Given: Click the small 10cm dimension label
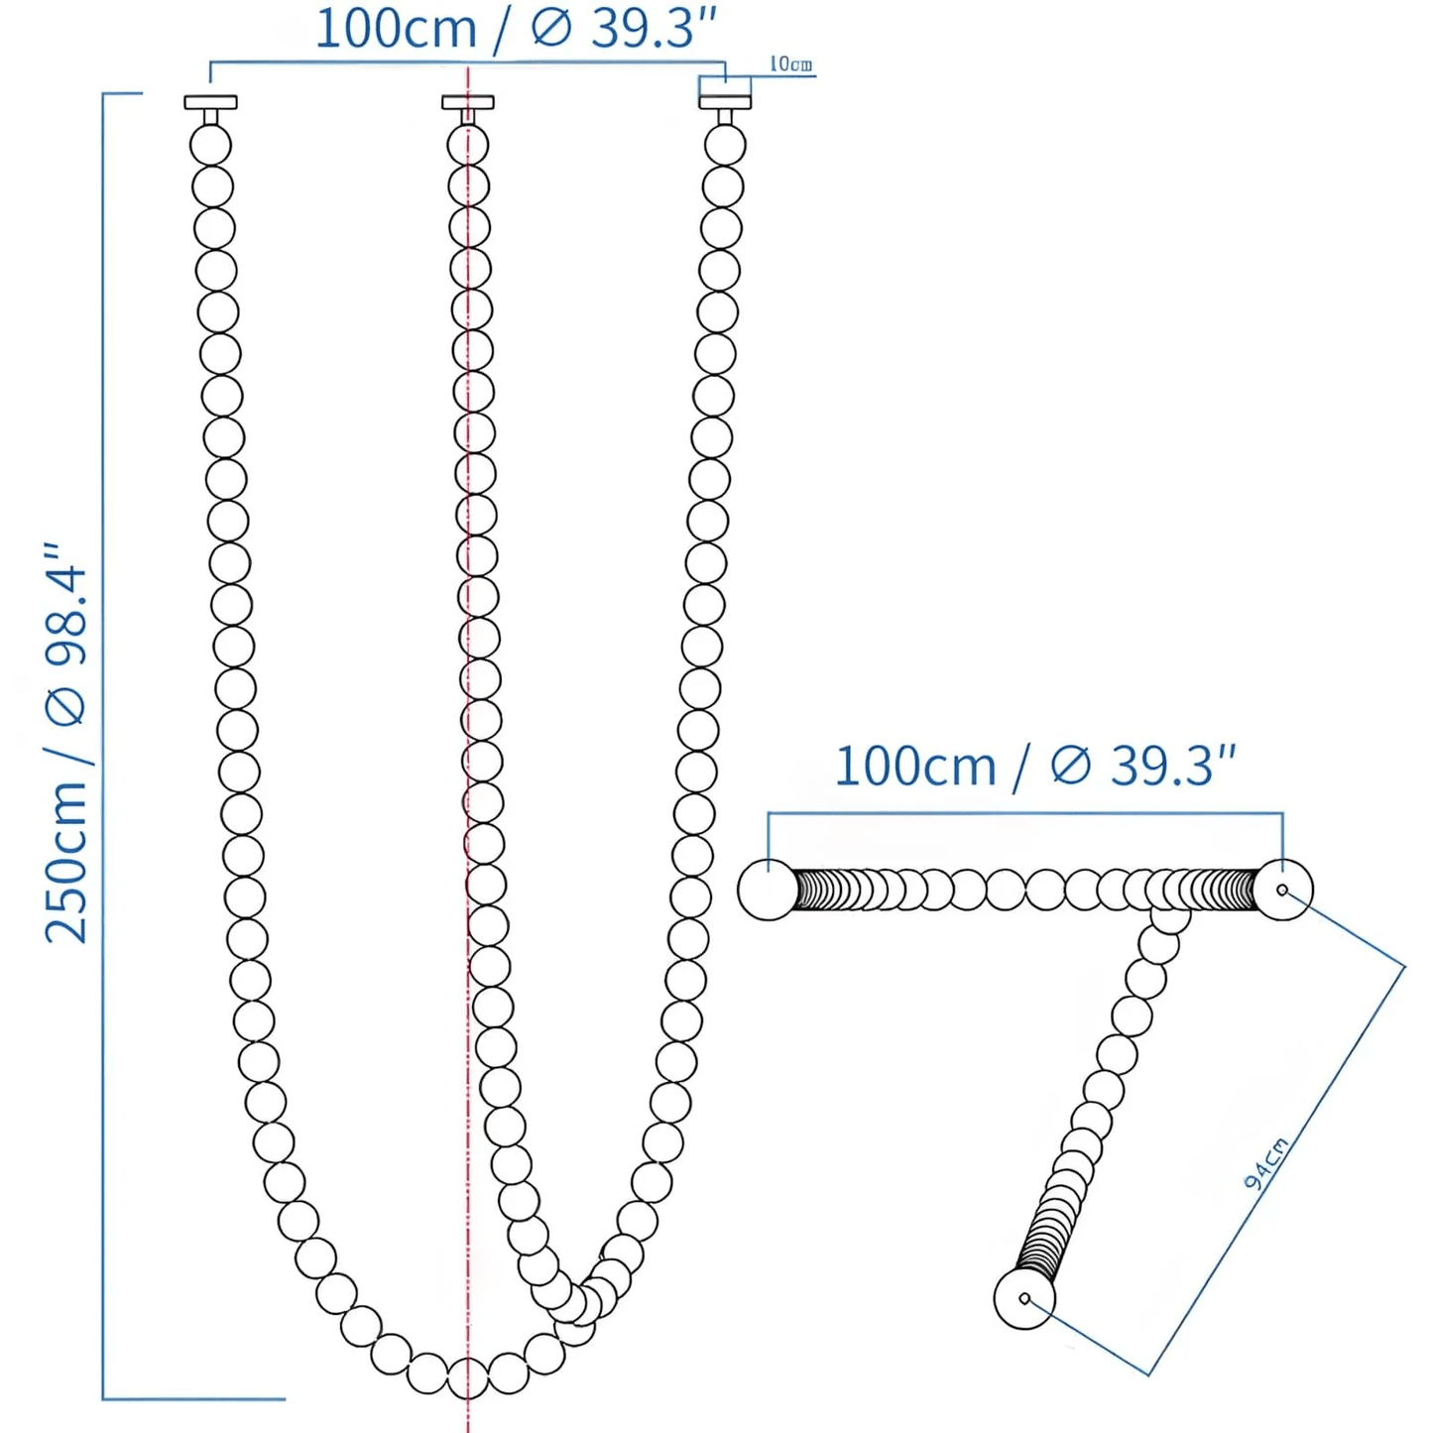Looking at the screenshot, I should [x=791, y=64].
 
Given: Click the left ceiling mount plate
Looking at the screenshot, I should [x=210, y=102].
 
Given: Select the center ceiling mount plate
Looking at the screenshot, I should [x=467, y=102].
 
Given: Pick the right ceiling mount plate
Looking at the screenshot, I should [x=725, y=102].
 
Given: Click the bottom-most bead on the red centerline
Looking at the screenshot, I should [x=467, y=1378].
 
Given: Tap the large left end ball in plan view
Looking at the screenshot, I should [x=768, y=890].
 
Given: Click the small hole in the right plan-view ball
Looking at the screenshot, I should [x=1282, y=891].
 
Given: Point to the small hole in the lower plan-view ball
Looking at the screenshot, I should [x=1024, y=1298].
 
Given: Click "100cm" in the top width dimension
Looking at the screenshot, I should [x=396, y=28].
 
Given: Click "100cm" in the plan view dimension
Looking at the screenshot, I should [x=914, y=767].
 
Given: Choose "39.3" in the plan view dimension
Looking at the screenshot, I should [x=1166, y=767].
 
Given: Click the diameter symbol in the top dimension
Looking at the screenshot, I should [x=551, y=28].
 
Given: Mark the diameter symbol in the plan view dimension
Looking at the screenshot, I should [x=1071, y=767].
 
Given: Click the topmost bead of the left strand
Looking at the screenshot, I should [x=210, y=146].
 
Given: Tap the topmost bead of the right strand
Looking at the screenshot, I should [x=725, y=146].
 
